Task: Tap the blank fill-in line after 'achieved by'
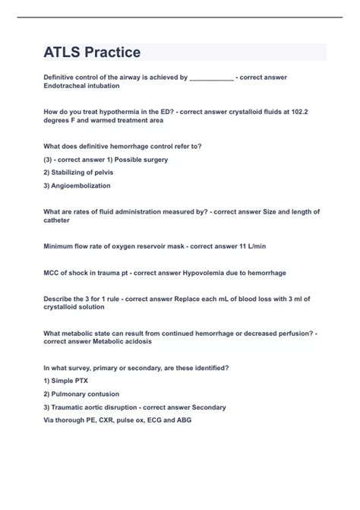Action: [x=211, y=78]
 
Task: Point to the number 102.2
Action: [x=304, y=112]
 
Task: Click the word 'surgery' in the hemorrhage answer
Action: [x=151, y=160]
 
